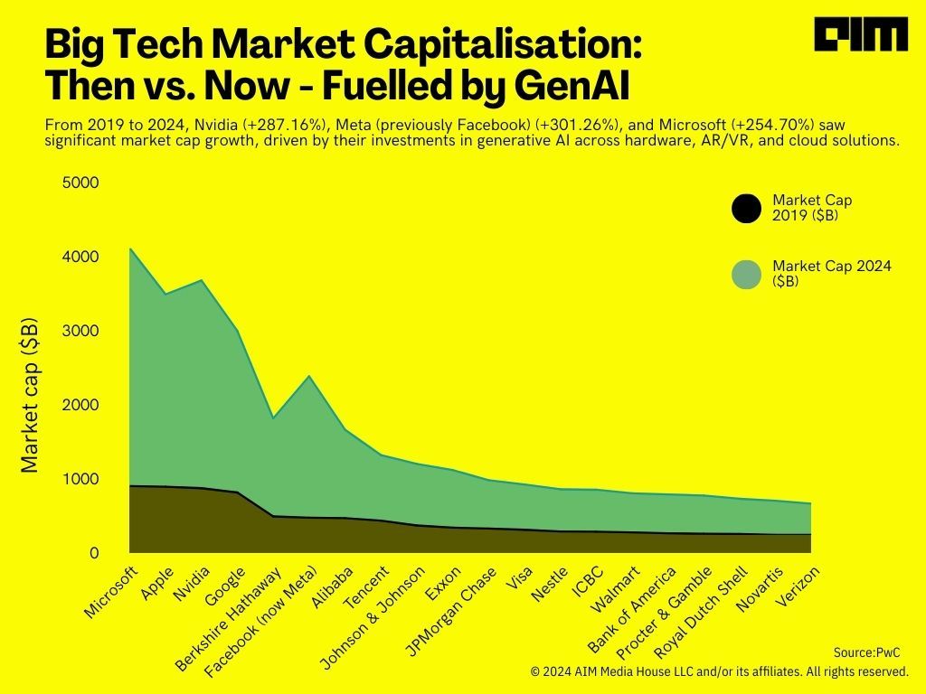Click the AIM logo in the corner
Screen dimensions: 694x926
[x=860, y=35]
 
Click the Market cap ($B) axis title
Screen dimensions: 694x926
[x=30, y=395]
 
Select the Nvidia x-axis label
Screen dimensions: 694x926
[x=192, y=585]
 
